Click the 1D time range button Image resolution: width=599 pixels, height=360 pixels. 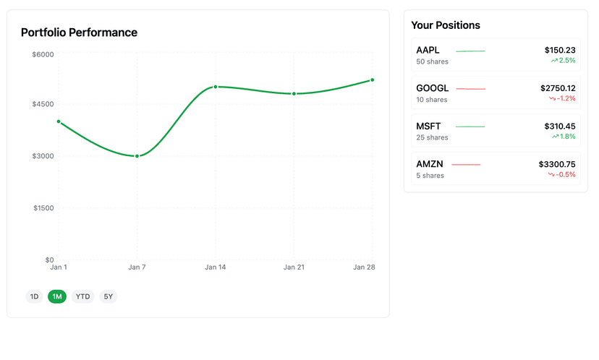point(34,296)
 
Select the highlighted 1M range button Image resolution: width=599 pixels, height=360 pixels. point(57,296)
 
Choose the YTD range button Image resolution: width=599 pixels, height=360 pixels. point(83,296)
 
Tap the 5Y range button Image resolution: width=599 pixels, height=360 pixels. point(108,296)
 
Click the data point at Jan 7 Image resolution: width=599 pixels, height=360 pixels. point(137,156)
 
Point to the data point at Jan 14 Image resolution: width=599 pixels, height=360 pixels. point(216,87)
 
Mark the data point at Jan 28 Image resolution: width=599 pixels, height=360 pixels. point(372,80)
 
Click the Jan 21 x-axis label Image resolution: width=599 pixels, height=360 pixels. point(294,267)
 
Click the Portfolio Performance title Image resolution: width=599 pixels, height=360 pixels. point(79,33)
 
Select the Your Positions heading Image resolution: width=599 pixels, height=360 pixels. point(446,25)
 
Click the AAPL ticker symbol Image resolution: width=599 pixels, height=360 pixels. point(428,51)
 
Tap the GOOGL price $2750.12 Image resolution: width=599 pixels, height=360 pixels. point(558,88)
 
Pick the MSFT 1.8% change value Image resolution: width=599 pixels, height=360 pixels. point(566,137)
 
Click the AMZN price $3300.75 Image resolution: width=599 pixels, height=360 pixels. point(557,164)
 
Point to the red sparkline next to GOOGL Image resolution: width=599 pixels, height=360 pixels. point(471,89)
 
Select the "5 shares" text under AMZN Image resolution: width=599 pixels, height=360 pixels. point(430,176)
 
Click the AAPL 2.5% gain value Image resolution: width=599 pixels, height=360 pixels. point(566,61)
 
